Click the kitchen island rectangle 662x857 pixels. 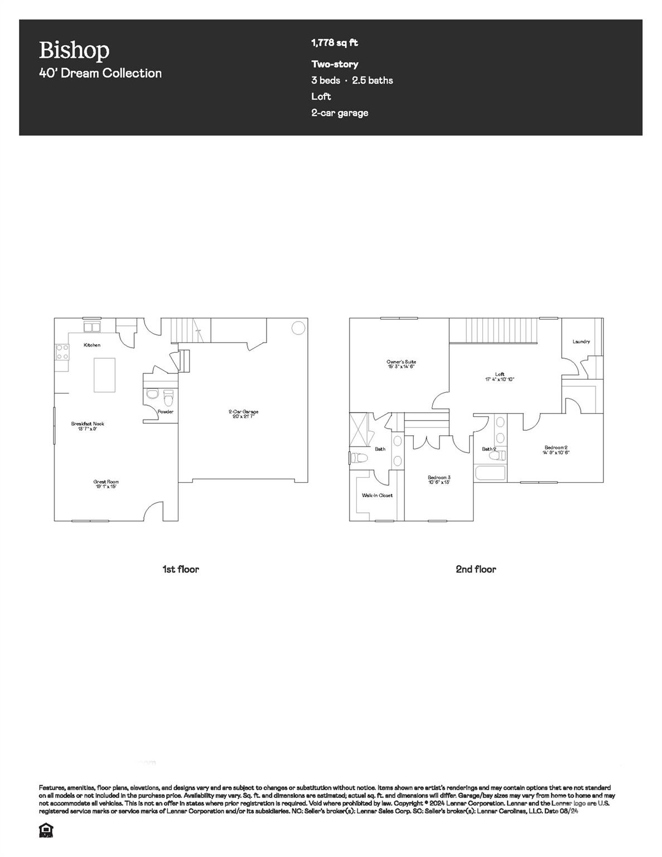(x=104, y=375)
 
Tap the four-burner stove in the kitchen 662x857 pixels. (x=62, y=352)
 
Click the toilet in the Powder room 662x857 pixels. (x=168, y=397)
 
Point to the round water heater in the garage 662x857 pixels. (x=298, y=328)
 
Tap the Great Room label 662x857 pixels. (x=106, y=484)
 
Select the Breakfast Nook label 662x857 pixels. (x=88, y=426)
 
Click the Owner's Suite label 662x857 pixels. (x=401, y=364)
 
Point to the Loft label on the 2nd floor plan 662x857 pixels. (x=499, y=377)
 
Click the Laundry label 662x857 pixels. (x=581, y=341)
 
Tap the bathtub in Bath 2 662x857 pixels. (x=490, y=474)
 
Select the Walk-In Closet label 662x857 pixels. (x=377, y=495)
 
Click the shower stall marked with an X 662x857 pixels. (x=360, y=430)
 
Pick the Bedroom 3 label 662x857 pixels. (x=439, y=479)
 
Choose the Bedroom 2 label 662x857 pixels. (x=555, y=450)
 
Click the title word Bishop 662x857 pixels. (x=74, y=50)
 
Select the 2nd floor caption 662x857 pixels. (x=476, y=569)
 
